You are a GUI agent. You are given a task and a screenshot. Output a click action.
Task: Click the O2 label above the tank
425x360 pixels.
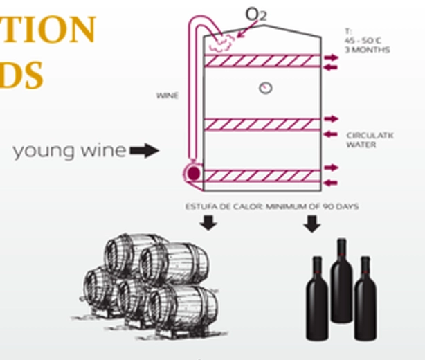256,14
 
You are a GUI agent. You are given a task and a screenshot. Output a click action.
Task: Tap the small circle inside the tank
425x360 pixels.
264,88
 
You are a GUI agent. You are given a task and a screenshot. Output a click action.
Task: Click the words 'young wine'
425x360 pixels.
69,150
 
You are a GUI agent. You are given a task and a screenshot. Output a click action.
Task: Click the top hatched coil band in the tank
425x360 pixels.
262,61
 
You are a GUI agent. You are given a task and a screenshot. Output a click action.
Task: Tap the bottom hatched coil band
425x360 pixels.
262,176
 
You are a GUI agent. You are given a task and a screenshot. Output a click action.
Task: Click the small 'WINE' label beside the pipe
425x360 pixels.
168,96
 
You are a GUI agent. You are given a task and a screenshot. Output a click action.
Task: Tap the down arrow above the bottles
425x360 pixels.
311,223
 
